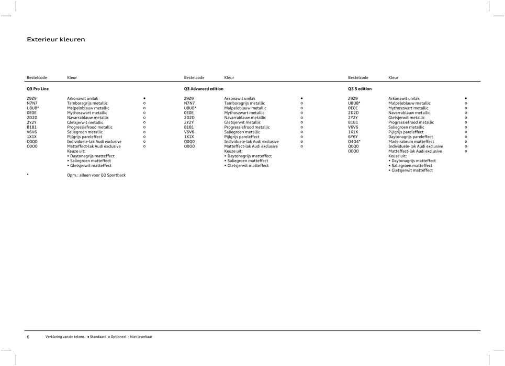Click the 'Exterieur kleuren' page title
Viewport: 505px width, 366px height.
click(55, 39)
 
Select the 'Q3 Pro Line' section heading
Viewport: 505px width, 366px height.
click(38, 89)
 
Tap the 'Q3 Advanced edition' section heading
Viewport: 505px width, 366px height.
click(204, 89)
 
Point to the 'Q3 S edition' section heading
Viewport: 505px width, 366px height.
click(360, 89)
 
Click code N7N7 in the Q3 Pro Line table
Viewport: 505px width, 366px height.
click(32, 104)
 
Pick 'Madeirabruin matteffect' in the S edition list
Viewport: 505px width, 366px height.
click(411, 142)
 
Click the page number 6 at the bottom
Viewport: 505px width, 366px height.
click(28, 337)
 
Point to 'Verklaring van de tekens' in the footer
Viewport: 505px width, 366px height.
click(65, 337)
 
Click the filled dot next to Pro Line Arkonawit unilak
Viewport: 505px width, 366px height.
click(144, 98)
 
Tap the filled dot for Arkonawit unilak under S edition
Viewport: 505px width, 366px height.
click(465, 98)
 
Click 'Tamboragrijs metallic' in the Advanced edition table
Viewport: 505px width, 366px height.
click(244, 104)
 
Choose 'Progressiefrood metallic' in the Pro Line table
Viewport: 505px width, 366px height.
click(89, 127)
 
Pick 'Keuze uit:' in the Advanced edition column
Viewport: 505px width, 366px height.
click(233, 151)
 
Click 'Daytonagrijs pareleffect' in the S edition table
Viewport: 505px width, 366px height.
click(411, 137)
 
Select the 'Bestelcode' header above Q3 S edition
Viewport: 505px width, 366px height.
click(358, 77)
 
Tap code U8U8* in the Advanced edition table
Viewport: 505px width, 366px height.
click(190, 108)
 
